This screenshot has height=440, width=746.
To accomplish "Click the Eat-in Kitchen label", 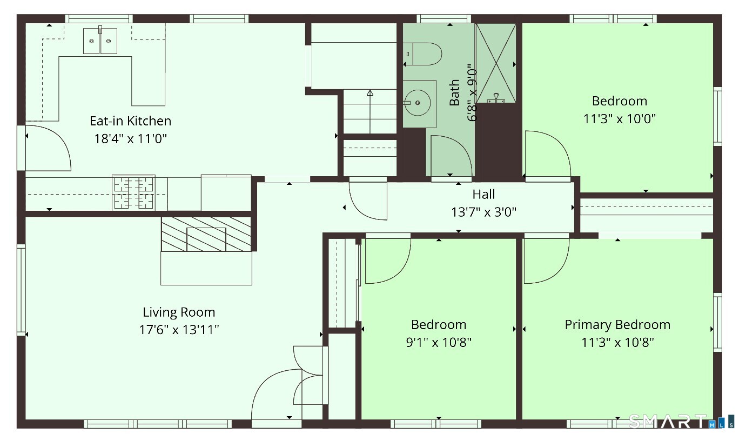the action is [131, 121].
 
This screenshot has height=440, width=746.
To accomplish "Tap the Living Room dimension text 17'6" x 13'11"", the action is [179, 330].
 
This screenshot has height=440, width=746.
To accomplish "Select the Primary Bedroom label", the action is [617, 325].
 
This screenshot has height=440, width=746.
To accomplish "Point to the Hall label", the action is [483, 194].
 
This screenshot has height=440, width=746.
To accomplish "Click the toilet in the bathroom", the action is [422, 54].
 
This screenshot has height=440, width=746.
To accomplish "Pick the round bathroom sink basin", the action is [417, 103].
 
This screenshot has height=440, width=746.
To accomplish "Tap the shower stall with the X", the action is [496, 63].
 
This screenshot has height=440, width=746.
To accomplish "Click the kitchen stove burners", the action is [133, 192].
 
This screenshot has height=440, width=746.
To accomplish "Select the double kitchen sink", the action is [100, 41].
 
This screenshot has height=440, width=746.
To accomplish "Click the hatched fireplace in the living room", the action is [206, 234].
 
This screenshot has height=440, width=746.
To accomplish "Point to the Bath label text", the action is [454, 92].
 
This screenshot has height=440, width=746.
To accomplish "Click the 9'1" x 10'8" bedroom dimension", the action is [439, 342].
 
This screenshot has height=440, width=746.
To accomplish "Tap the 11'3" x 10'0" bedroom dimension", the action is [620, 119].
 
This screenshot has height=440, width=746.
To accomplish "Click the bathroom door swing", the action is [451, 156].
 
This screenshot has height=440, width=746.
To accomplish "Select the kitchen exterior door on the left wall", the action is [48, 148].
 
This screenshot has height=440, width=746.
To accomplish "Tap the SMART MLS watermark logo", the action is [681, 421].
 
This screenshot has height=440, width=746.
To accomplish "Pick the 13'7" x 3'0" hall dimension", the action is [483, 212].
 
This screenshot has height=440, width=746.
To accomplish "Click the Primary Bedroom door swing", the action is [547, 261].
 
